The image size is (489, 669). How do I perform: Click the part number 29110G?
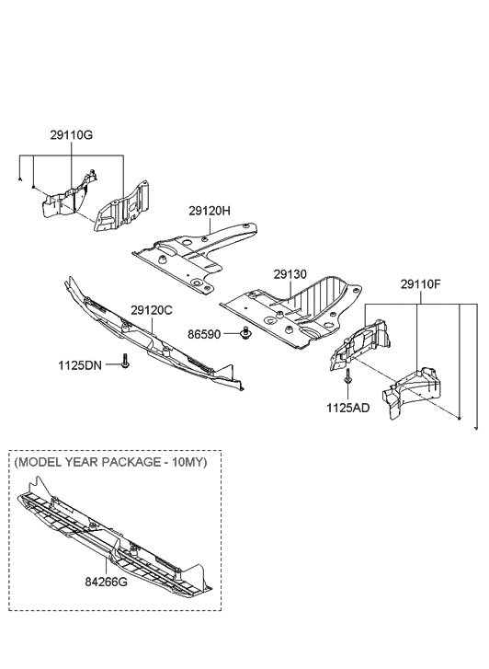[71, 135]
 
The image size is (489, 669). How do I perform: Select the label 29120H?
[210, 211]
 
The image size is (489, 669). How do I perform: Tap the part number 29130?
[290, 273]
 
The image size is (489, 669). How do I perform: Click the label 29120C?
[152, 311]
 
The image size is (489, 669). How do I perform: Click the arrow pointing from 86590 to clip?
[231, 333]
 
